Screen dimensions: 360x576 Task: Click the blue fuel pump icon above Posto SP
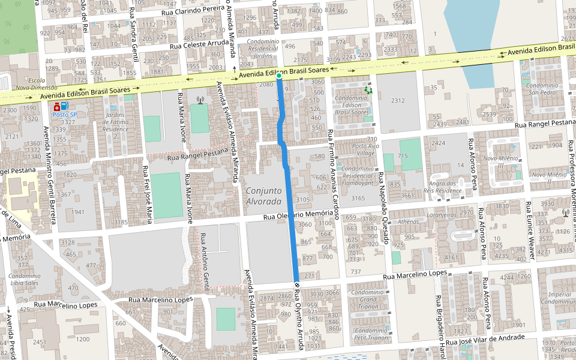pyautogui.click(x=64, y=106)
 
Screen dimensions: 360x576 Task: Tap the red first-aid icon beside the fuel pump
pyautogui.click(x=56, y=106)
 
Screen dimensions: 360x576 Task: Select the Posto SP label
pyautogui.click(x=64, y=114)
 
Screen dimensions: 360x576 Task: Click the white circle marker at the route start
pyautogui.click(x=279, y=76)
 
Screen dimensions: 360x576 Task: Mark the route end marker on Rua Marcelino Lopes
pyautogui.click(x=296, y=283)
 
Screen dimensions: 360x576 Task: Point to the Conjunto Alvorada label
pyautogui.click(x=263, y=196)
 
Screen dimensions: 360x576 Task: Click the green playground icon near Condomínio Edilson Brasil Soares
pyautogui.click(x=368, y=90)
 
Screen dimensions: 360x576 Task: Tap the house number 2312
pyautogui.click(x=398, y=100)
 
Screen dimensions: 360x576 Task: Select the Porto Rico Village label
pyautogui.click(x=365, y=149)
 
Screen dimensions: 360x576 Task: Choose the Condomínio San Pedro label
pyautogui.click(x=539, y=89)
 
